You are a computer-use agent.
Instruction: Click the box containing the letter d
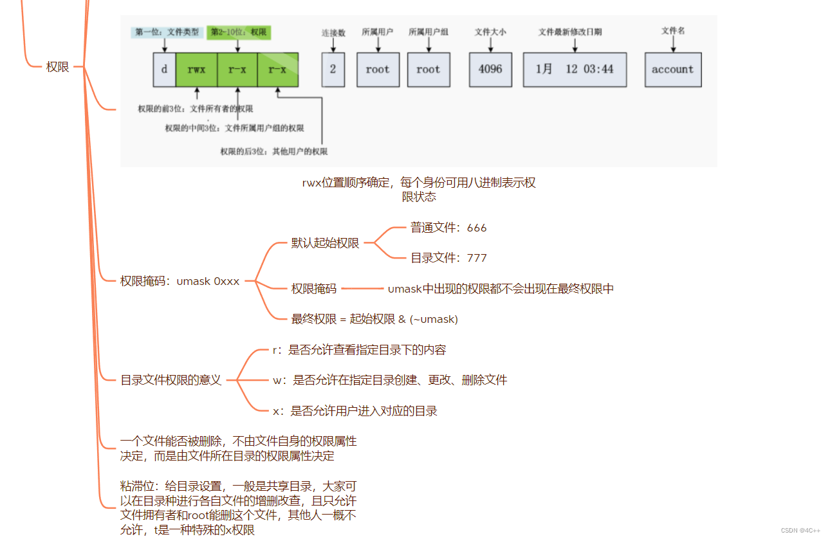coord(164,69)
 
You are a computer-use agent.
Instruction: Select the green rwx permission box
coord(196,69)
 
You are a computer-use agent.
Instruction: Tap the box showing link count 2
coord(333,69)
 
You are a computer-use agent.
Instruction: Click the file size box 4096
coord(490,69)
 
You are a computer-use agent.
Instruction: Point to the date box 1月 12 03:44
coord(575,69)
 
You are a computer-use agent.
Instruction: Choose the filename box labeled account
coord(673,69)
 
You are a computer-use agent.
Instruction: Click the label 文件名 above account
coord(672,31)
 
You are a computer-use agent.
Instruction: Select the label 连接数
coord(333,32)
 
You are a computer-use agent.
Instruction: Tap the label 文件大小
coord(490,32)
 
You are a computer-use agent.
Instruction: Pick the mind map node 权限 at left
coord(57,67)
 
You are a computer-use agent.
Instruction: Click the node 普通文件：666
coord(448,228)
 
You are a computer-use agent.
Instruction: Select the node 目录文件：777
coord(448,258)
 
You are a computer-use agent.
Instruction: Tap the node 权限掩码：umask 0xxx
coord(180,281)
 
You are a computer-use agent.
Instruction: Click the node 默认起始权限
coord(325,243)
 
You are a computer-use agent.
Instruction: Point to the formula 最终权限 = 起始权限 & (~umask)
coord(374,318)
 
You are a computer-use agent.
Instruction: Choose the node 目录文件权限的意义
coord(171,380)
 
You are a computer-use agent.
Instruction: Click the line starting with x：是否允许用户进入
coord(355,410)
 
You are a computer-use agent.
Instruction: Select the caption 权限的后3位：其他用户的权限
coord(273,152)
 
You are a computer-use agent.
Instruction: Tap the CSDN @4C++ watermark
coord(800,531)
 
